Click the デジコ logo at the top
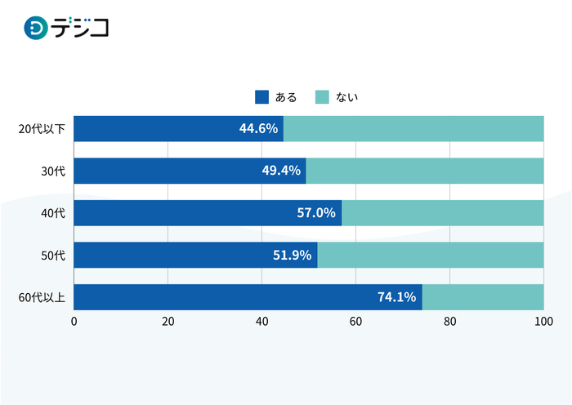(x=66, y=29)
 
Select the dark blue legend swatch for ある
(x=262, y=97)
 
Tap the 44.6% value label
(x=259, y=128)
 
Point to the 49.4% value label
(x=282, y=171)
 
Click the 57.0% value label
(x=317, y=213)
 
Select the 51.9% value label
(x=293, y=256)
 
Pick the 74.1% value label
(x=397, y=297)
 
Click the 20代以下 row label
(x=42, y=129)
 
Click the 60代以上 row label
(x=42, y=298)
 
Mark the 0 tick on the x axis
(x=74, y=322)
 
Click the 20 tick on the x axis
(x=168, y=322)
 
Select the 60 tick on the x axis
(x=356, y=322)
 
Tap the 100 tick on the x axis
(x=543, y=322)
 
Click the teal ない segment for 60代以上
(x=483, y=297)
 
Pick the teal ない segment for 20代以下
(x=413, y=128)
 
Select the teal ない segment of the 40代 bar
(x=443, y=213)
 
